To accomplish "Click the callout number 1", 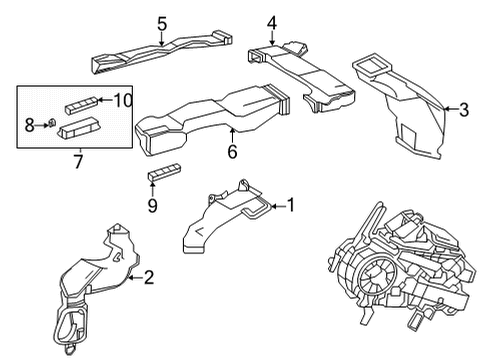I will click(x=291, y=205).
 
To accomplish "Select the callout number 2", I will click(x=149, y=278).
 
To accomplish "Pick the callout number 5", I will click(x=162, y=22).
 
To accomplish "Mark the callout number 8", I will click(x=30, y=124).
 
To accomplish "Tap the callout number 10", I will click(x=122, y=99).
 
